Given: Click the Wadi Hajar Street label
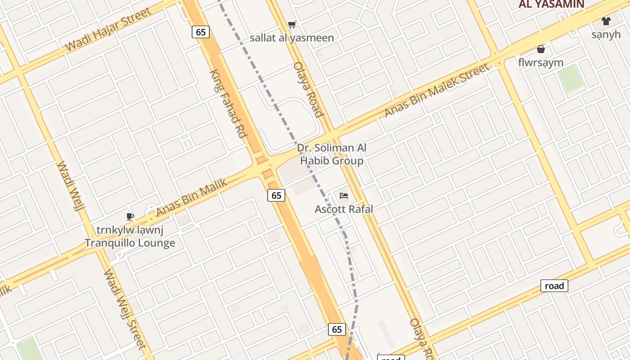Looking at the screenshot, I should click(108, 30).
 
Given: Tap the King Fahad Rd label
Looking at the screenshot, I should click(229, 103).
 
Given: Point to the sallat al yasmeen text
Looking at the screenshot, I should click(292, 38).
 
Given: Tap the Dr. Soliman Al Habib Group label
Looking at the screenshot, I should click(332, 154).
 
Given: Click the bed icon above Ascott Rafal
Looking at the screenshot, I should click(344, 195).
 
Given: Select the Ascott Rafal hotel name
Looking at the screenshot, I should click(344, 209).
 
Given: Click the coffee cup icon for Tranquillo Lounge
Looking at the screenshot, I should click(130, 216).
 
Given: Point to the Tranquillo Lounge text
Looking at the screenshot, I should click(130, 243).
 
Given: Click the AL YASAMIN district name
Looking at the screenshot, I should click(551, 4).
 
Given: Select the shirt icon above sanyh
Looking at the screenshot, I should click(606, 21).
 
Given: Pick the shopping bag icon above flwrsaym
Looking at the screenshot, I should click(540, 49).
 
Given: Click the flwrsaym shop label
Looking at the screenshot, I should click(540, 63).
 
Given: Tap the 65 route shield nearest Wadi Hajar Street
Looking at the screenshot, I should click(201, 32).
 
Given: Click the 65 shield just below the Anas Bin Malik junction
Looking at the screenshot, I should click(276, 195).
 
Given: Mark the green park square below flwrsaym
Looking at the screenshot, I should click(571, 78).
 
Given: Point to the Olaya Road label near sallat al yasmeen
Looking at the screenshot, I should click(308, 89).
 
